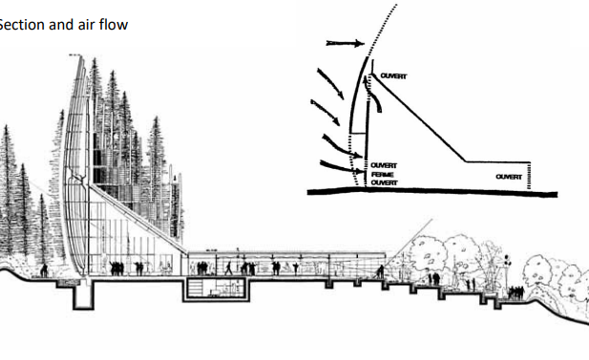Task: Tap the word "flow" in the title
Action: point(111,24)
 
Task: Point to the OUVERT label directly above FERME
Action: point(384,165)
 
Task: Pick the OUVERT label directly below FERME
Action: point(384,182)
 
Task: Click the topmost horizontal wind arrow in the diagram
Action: point(344,42)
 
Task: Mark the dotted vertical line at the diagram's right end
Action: point(531,176)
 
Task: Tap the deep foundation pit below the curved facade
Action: point(85,298)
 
